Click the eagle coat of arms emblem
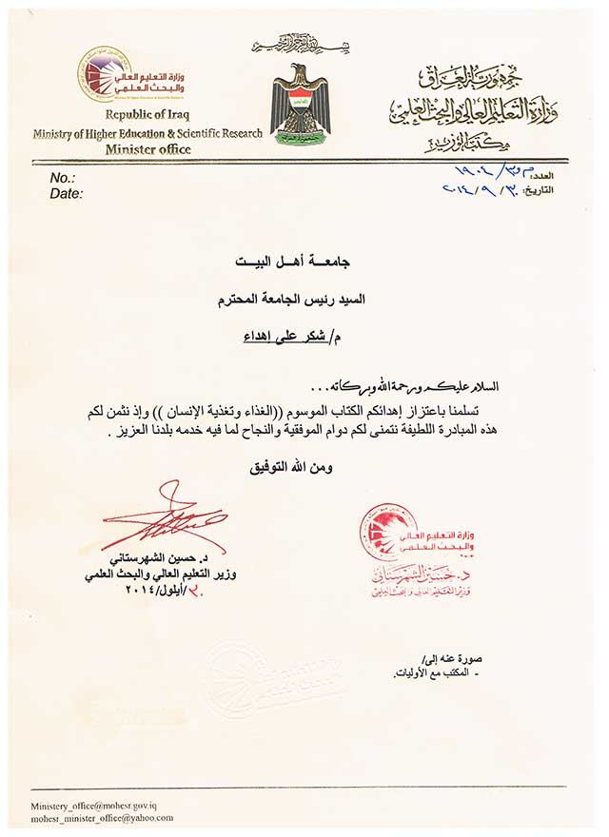point(299,104)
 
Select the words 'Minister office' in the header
point(147,148)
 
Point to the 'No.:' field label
point(62,178)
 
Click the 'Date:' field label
point(66,193)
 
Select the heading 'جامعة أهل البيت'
point(299,259)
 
